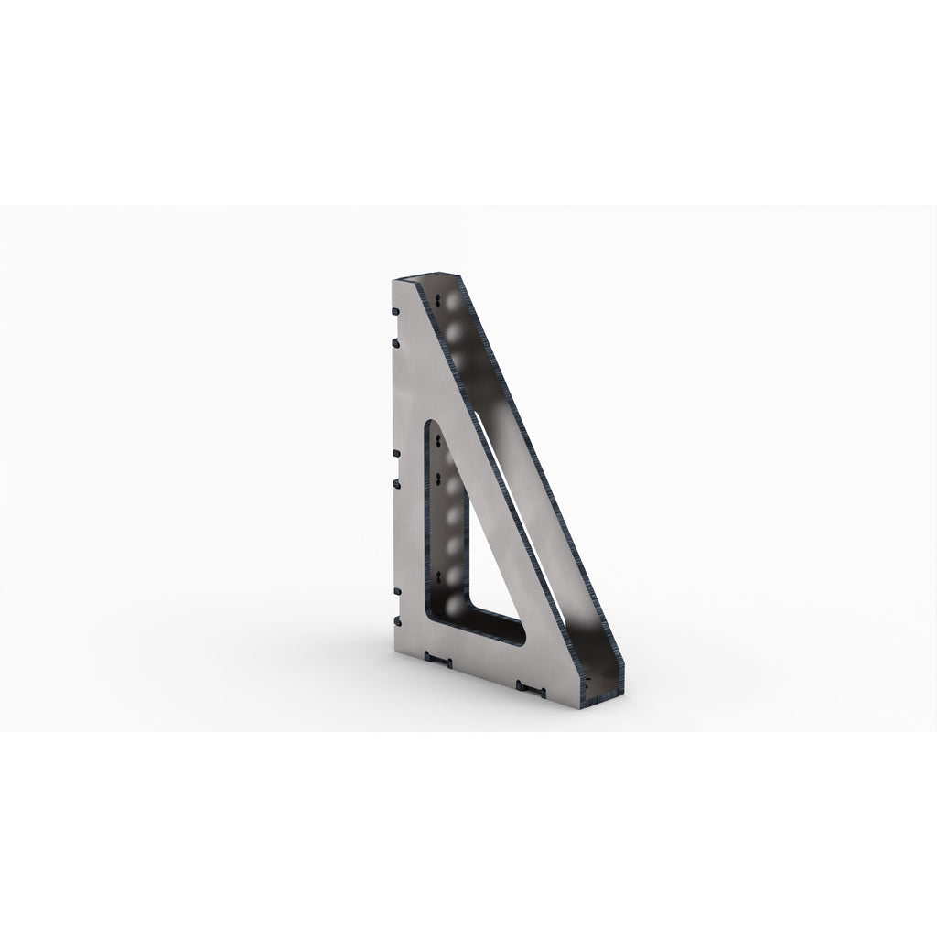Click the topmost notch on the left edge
(x=394, y=311)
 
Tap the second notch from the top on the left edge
(x=394, y=341)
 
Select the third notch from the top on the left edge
(x=394, y=452)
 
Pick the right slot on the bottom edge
(x=530, y=684)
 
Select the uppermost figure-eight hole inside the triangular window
(x=442, y=440)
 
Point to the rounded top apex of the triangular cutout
(x=434, y=422)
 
